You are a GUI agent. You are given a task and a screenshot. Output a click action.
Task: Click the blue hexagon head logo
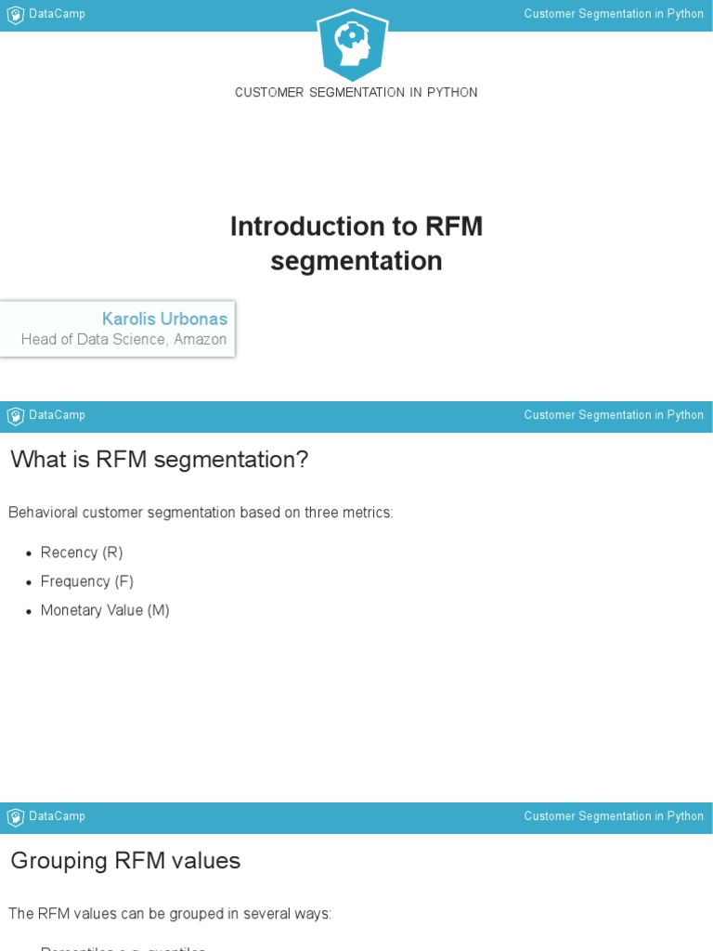coord(353,45)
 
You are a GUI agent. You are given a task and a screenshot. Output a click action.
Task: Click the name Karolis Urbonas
coord(164,319)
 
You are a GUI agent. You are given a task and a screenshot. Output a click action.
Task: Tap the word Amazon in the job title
coord(200,340)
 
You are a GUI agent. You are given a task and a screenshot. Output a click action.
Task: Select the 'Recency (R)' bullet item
coord(82,553)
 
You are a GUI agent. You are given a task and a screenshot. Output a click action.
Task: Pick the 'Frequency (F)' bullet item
coord(87,581)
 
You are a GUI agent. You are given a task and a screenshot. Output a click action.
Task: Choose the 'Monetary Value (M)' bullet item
coord(105,610)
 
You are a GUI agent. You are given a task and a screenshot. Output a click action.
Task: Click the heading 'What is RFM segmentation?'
coord(159,460)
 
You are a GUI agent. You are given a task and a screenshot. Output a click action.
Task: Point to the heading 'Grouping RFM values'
coord(125,861)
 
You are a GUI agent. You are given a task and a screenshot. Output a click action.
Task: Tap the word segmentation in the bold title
coord(356,262)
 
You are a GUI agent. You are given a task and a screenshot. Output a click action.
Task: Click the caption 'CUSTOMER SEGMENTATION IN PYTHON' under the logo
coord(356,93)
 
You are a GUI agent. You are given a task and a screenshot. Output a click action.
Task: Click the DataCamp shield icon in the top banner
coord(15,15)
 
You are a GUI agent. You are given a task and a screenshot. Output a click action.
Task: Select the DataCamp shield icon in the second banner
coord(15,416)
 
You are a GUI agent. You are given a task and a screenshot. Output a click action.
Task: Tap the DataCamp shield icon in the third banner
coord(15,817)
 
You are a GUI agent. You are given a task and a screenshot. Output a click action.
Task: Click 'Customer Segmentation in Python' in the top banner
coord(614,14)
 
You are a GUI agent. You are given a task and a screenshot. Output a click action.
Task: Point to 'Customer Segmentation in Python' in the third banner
coord(614,816)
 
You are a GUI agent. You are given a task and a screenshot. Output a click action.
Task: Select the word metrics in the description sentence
coord(369,513)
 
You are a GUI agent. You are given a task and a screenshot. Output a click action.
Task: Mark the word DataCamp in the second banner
coord(57,415)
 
